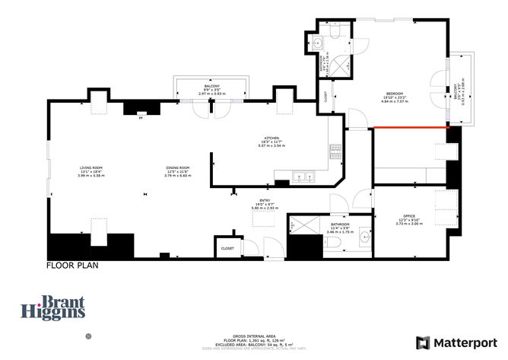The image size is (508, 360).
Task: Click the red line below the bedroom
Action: (x=411, y=128)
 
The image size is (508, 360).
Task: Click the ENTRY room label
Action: (x=265, y=199)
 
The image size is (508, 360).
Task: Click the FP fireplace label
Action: (x=140, y=118)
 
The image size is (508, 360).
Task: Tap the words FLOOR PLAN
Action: (x=71, y=267)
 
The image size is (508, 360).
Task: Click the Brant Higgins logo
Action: (x=52, y=307)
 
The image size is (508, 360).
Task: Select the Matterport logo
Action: (x=455, y=342)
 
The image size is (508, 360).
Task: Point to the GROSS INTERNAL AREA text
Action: (x=253, y=335)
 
